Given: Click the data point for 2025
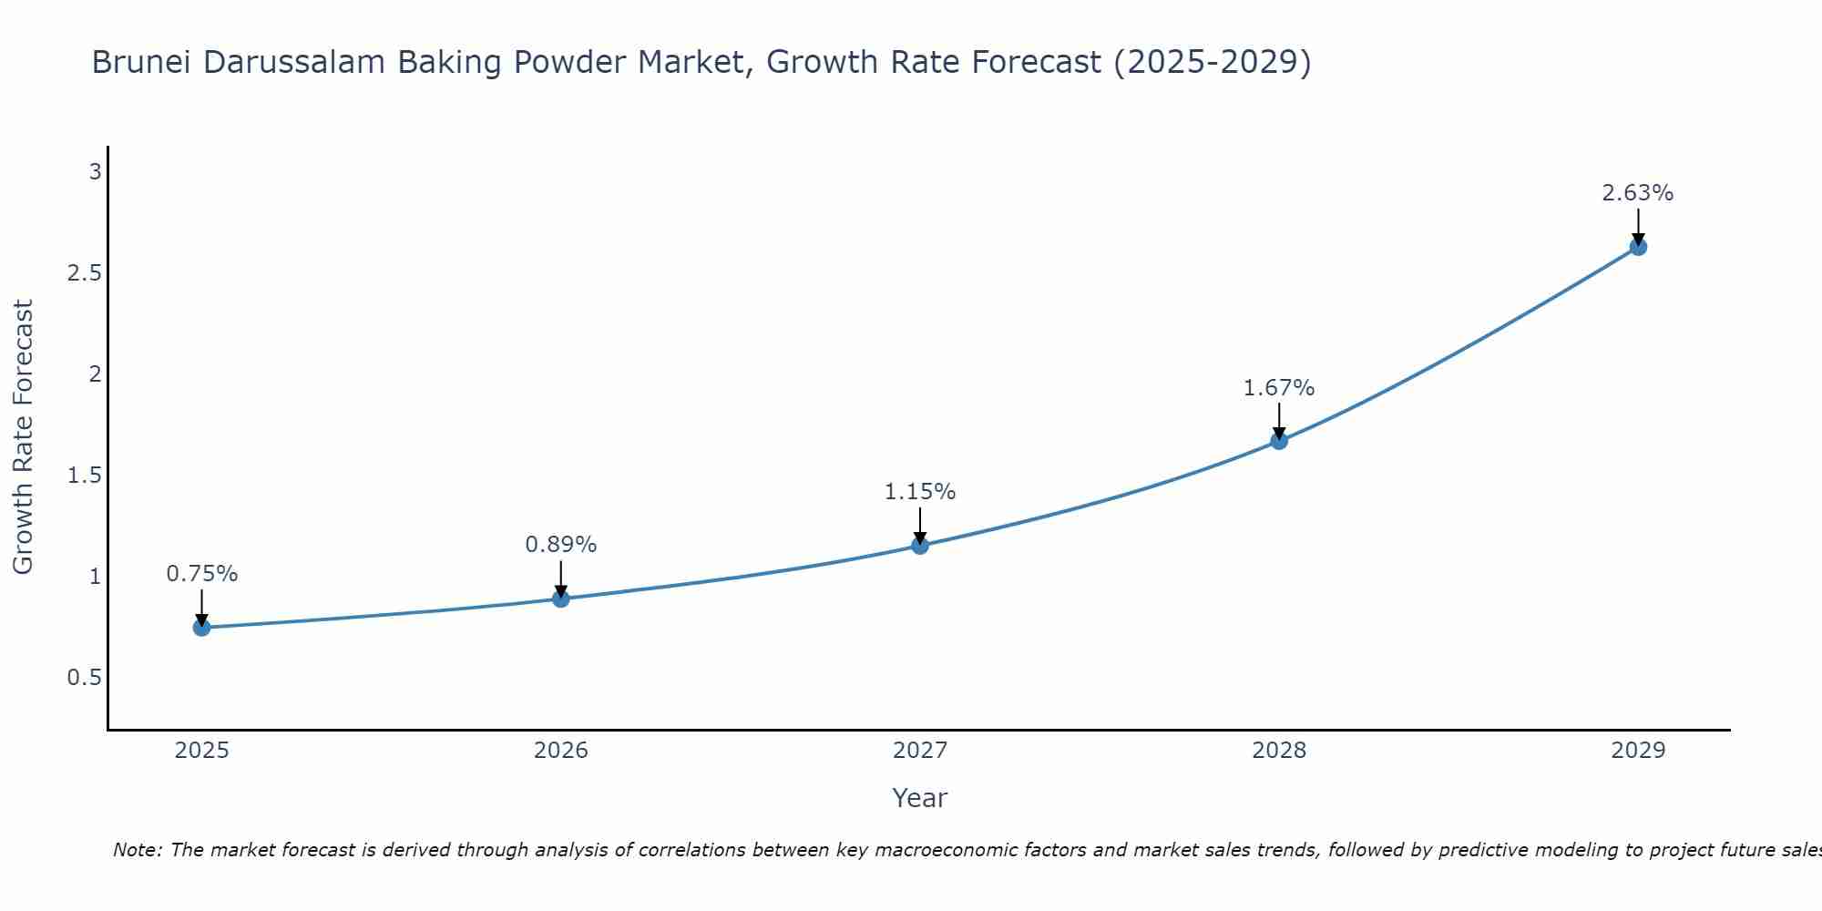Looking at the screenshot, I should click(202, 628).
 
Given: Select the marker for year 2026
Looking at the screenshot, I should click(561, 599).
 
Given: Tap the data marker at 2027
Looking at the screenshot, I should click(920, 546).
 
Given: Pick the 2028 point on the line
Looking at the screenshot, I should click(1279, 441).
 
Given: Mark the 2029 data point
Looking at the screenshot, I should click(1638, 247).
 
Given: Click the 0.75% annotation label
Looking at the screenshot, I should click(202, 574).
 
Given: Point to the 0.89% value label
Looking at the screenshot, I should click(561, 545).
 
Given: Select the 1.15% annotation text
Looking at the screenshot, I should click(920, 492).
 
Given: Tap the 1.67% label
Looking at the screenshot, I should click(1279, 388).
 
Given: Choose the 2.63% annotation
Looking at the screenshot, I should click(1638, 193).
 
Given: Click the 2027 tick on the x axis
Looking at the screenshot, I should click(920, 751).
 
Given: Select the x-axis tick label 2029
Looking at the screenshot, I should click(1638, 751).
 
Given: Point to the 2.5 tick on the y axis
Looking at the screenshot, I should click(84, 273).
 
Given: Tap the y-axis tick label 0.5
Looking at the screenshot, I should click(84, 678).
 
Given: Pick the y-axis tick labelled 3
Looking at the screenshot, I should click(95, 172).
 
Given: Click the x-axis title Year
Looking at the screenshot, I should click(920, 798).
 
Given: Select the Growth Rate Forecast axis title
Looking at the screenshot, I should click(24, 437).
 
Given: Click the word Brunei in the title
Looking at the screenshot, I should click(142, 63).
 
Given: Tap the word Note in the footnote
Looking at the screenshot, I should click(137, 850).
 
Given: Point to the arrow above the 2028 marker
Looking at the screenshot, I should click(1279, 420).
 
